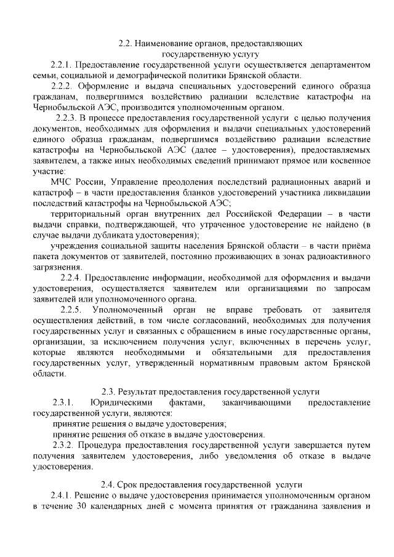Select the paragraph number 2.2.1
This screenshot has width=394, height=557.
point(63,65)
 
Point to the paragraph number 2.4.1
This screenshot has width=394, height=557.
point(63,497)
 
